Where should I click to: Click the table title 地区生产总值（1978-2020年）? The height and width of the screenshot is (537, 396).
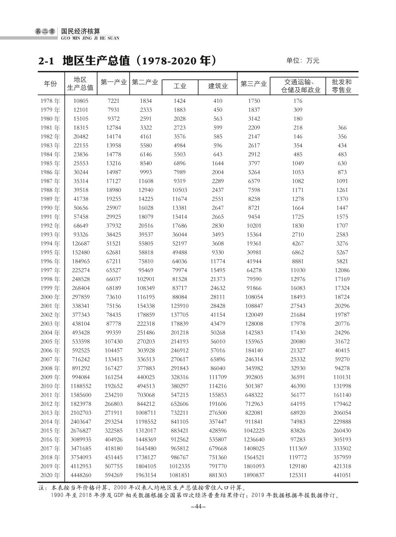click(x=127, y=61)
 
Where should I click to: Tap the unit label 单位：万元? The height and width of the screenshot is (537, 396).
click(x=302, y=61)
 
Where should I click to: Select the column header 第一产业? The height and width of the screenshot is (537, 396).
click(x=114, y=83)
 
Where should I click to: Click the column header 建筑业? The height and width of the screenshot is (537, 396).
click(x=218, y=86)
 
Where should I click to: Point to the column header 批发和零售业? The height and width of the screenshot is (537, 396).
click(x=341, y=85)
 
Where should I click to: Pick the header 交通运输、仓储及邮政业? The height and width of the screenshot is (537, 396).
click(x=298, y=85)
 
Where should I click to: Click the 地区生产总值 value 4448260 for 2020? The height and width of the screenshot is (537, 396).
click(x=81, y=475)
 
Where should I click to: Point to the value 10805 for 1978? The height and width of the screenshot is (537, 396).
click(x=81, y=101)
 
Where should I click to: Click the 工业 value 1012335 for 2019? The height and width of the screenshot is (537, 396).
click(x=180, y=466)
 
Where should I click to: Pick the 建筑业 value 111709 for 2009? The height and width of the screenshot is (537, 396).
click(x=218, y=377)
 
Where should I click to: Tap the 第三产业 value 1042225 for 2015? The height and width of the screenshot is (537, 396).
click(x=254, y=431)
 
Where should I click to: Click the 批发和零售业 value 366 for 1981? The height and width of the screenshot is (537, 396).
click(x=342, y=128)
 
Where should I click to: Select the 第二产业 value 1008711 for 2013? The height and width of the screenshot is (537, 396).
click(x=146, y=413)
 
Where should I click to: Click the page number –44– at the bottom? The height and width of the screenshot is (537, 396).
click(x=198, y=507)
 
